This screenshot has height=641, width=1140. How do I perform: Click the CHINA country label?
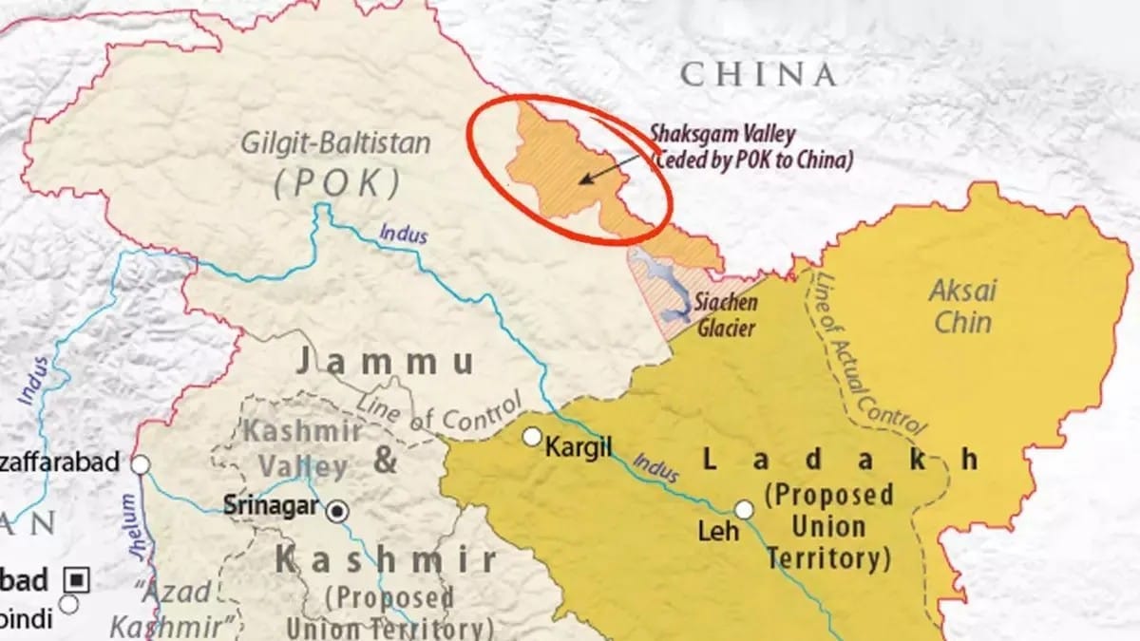click(x=758, y=74)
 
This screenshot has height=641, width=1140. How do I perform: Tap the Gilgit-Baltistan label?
click(x=335, y=144)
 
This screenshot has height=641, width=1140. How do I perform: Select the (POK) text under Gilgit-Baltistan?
click(x=335, y=182)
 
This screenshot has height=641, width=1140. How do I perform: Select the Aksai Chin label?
click(x=962, y=306)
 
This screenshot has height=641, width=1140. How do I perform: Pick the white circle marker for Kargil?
click(x=532, y=437)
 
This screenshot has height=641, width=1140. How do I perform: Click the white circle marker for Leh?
click(x=744, y=510)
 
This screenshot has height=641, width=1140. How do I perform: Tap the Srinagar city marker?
click(x=335, y=512)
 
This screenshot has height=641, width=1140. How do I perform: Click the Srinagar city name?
click(x=270, y=506)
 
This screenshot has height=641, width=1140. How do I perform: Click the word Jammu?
click(x=385, y=362)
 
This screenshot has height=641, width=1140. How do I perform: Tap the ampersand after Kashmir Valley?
click(x=385, y=461)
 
